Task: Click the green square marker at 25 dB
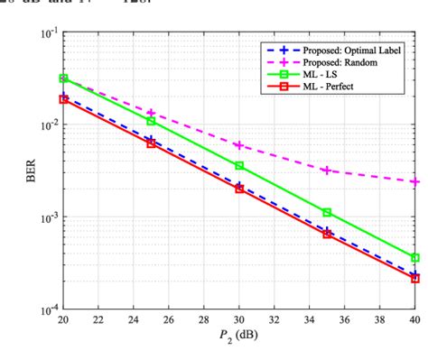pyautogui.click(x=151, y=121)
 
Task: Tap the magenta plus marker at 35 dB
pyautogui.click(x=327, y=170)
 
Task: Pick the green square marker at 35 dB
pyautogui.click(x=327, y=212)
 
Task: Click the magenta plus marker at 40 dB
pyautogui.click(x=414, y=181)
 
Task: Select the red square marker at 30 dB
pyautogui.click(x=238, y=189)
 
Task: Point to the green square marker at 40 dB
pyautogui.click(x=414, y=258)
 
